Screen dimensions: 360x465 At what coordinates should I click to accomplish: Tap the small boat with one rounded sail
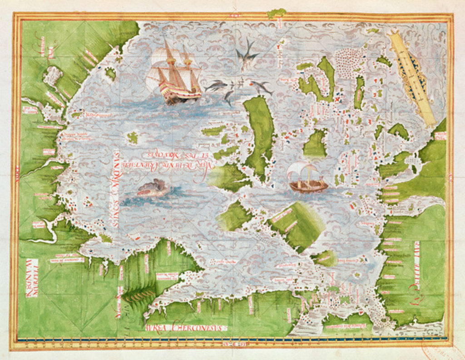(x=308, y=178)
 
